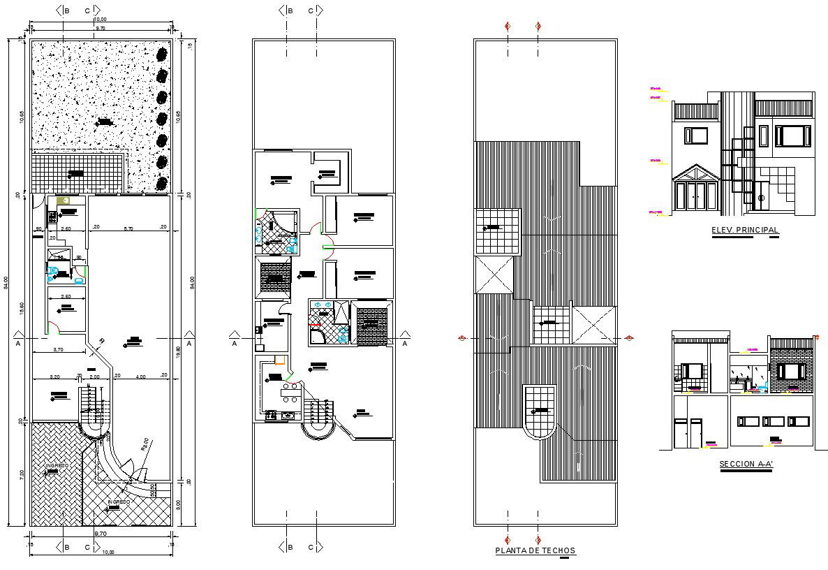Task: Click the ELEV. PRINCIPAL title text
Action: (x=744, y=230)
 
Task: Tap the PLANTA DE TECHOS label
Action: (x=535, y=550)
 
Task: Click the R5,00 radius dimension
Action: (x=144, y=445)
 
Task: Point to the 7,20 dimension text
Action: (x=22, y=474)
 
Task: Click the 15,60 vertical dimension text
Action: (x=22, y=308)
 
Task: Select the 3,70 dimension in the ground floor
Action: (x=59, y=349)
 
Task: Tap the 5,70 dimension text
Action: (x=128, y=228)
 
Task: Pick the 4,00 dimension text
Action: (x=141, y=377)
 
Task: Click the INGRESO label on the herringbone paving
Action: (x=57, y=465)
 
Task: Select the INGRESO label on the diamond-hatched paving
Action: (x=119, y=502)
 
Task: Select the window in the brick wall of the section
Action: (x=792, y=371)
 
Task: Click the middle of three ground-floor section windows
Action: (x=773, y=421)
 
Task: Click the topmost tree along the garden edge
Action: (x=163, y=54)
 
